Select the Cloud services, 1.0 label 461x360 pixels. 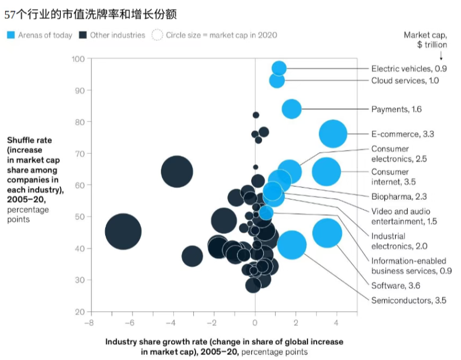pos(405,81)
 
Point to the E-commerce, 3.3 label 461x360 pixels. pos(402,135)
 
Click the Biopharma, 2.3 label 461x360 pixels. pos(398,196)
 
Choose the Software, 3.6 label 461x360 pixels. pos(397,286)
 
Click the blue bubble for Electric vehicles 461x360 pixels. pos(279,68)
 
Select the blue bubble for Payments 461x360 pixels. pos(291,108)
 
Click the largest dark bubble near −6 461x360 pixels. pos(123,232)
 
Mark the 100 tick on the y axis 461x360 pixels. pos(78,59)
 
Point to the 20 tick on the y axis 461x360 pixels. pos(80,312)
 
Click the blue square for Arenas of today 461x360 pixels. pos(10,35)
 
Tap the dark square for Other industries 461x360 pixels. pos(83,35)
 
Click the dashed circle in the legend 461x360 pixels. pos(157,35)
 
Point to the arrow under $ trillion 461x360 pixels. pos(441,56)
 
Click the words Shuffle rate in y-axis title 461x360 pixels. pos(28,140)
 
